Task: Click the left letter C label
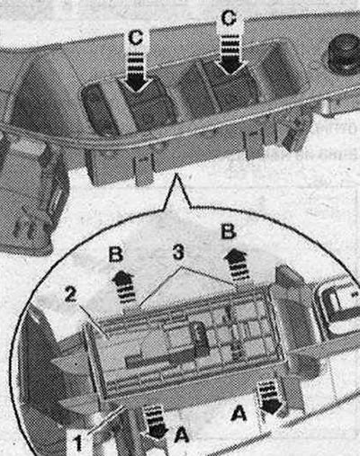point(135,38)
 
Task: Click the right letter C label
point(229,18)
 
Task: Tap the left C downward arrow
point(136,72)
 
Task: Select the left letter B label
point(116,255)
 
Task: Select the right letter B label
point(229,231)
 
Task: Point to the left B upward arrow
point(124,287)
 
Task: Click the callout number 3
point(178,253)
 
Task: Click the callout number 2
point(70,295)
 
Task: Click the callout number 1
point(78,443)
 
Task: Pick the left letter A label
point(182,434)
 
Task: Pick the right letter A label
point(239,414)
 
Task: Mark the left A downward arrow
point(155,421)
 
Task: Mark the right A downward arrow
point(269,398)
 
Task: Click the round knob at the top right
point(343,55)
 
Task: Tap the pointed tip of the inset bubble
point(176,174)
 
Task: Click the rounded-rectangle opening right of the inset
point(338,308)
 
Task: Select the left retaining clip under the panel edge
point(143,169)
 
